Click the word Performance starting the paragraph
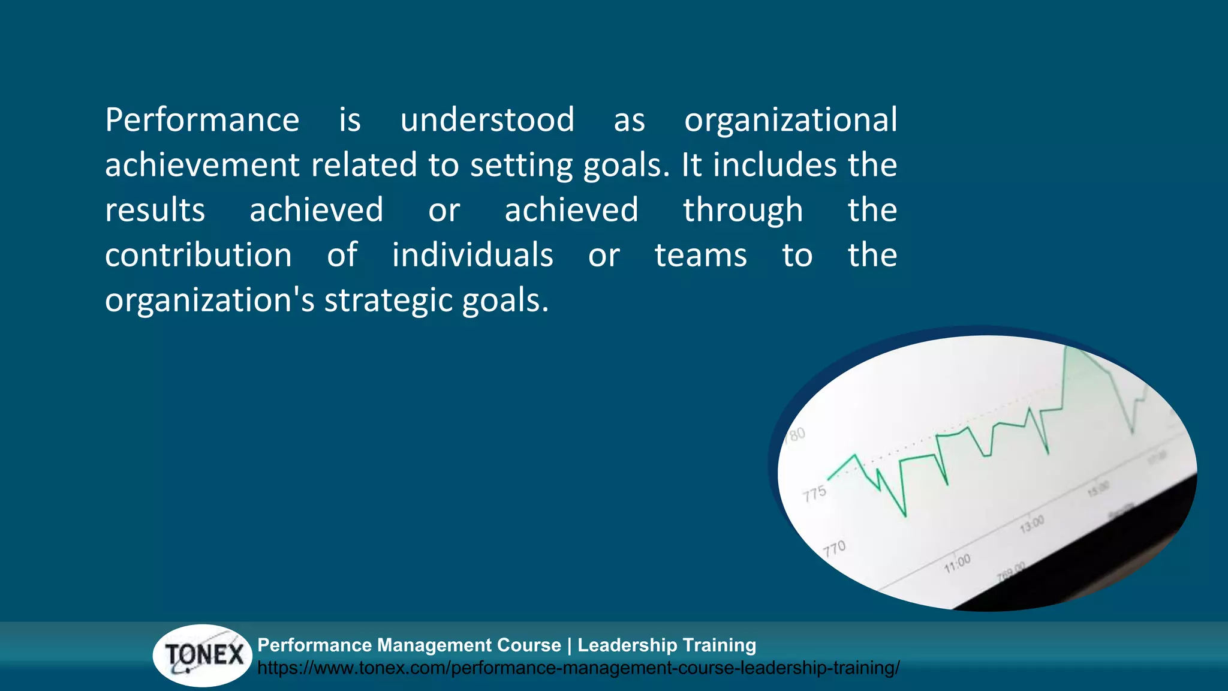[202, 120]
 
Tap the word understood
[487, 120]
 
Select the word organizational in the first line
[790, 120]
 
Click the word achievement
[202, 165]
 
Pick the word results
[155, 210]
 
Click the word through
[742, 210]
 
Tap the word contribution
[198, 255]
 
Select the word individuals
[472, 255]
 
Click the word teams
[700, 255]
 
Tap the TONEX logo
[203, 655]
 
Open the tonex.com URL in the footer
[578, 668]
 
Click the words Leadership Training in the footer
[666, 645]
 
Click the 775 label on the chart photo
[814, 494]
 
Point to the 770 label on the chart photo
[834, 548]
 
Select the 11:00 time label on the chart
[957, 563]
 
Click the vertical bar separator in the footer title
[569, 645]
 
